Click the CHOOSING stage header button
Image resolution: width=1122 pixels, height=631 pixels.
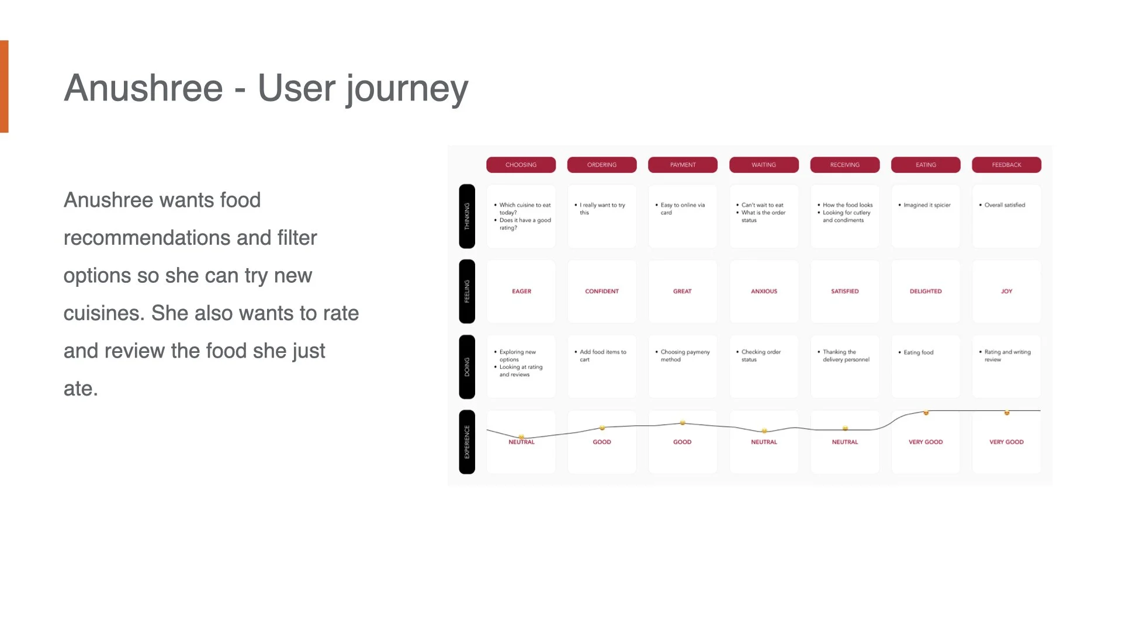coord(521,165)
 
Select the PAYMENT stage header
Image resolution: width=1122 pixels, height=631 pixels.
coord(683,165)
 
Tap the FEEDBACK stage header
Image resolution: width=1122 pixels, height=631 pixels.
coord(1006,165)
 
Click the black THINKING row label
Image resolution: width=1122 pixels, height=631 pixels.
coord(467,216)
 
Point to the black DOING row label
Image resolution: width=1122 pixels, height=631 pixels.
coord(467,367)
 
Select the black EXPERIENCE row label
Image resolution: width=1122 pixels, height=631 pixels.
coord(467,442)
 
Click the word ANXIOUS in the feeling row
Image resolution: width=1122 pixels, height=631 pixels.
coord(764,291)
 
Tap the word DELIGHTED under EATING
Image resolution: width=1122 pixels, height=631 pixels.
coord(926,291)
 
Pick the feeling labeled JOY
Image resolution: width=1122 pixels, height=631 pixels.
coord(1006,291)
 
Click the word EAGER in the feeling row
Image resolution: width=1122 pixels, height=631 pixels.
coord(521,291)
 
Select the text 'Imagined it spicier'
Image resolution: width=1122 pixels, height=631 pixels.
coord(927,205)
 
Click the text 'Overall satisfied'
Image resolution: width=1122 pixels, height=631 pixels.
coord(1005,205)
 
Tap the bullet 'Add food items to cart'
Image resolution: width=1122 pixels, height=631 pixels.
coord(602,355)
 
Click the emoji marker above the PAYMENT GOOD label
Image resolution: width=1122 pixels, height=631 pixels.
coord(682,422)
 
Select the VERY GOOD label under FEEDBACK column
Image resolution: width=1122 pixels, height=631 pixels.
coord(1006,442)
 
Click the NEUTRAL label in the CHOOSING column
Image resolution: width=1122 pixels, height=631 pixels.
coord(521,442)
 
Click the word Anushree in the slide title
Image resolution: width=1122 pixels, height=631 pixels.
coord(143,88)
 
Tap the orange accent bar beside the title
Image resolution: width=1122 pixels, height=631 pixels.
coord(4,86)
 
